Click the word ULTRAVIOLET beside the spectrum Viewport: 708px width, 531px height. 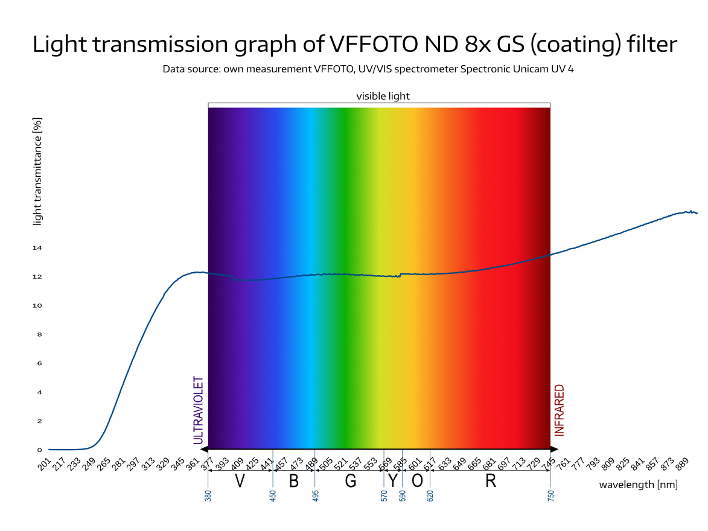pos(198,410)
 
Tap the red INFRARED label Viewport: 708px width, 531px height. pos(560,410)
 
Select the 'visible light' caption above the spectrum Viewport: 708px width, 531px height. pos(383,96)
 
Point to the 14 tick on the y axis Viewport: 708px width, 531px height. pos(37,248)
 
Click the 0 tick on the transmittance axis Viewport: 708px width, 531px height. pos(40,450)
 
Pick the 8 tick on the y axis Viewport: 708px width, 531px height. pos(40,334)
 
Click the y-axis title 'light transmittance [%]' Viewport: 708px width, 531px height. pos(37,171)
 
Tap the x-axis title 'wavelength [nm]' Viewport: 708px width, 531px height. pos(638,485)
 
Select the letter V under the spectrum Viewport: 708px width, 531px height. pos(240,482)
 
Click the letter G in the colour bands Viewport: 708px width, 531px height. pos(351,482)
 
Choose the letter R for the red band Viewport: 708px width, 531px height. pos(490,482)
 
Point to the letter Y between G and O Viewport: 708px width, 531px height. pos(393,482)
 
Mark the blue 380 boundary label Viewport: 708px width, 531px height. pos(208,496)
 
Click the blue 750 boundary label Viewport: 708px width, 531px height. pos(550,496)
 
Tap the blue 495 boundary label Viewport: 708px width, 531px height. pos(315,496)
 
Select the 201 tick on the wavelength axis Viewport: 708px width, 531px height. pos(44,464)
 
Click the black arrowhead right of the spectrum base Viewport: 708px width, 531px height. pos(555,450)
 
